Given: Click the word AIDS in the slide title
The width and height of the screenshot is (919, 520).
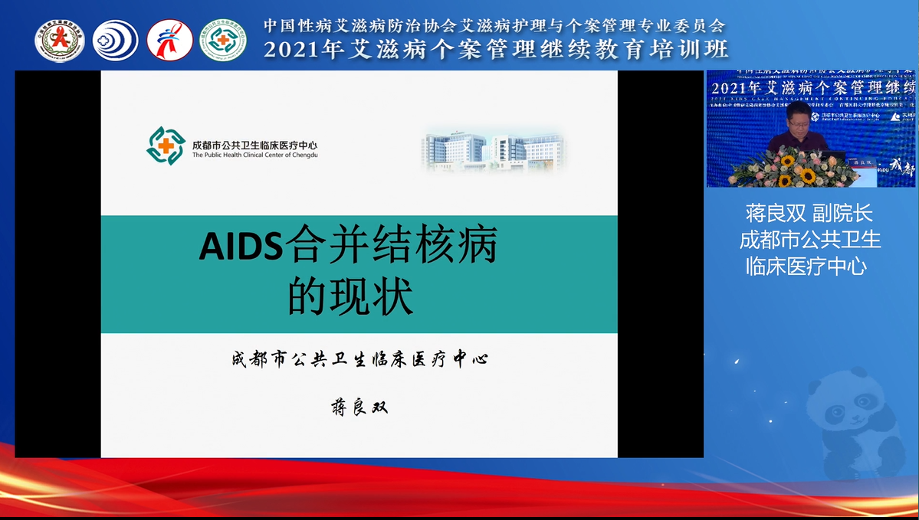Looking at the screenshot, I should click(x=241, y=248).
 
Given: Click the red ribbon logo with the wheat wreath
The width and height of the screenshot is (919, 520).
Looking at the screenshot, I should click(x=59, y=40).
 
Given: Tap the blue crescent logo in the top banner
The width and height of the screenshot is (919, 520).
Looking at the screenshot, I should click(x=116, y=40).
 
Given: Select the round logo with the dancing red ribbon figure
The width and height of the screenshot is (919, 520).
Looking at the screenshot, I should click(x=169, y=40).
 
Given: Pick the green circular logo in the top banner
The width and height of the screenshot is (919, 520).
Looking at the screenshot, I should click(x=223, y=40).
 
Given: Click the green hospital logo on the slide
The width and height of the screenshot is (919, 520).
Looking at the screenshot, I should click(x=166, y=146).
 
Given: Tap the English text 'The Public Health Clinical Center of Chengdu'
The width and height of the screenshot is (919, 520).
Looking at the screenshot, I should click(x=254, y=155).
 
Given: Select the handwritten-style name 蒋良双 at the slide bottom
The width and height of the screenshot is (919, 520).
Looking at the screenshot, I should click(x=359, y=407).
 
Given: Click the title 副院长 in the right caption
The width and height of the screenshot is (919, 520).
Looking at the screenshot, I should click(x=842, y=214).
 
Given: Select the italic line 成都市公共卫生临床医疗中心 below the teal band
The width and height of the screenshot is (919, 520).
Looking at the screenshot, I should click(x=359, y=358).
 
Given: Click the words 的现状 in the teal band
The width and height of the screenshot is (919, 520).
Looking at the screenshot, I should click(x=350, y=297).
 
